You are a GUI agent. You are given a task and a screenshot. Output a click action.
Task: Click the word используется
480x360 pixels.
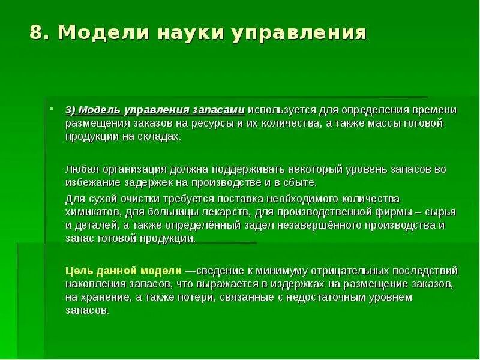tap(282, 110)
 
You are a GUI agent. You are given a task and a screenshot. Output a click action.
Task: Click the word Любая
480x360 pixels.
tap(80, 170)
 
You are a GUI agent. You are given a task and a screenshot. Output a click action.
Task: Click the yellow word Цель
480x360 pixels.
tap(78, 270)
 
